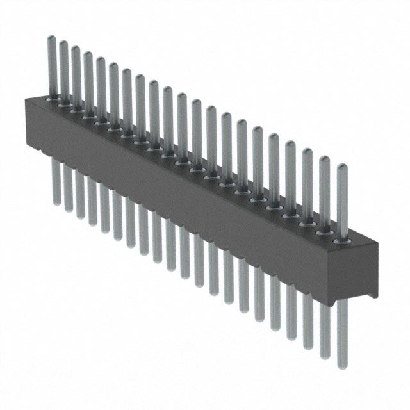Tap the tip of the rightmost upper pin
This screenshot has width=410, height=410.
pyautogui.click(x=342, y=168)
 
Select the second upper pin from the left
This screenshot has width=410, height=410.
pyautogui.click(x=64, y=70)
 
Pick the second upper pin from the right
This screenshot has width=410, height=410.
pyautogui.click(x=324, y=192)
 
